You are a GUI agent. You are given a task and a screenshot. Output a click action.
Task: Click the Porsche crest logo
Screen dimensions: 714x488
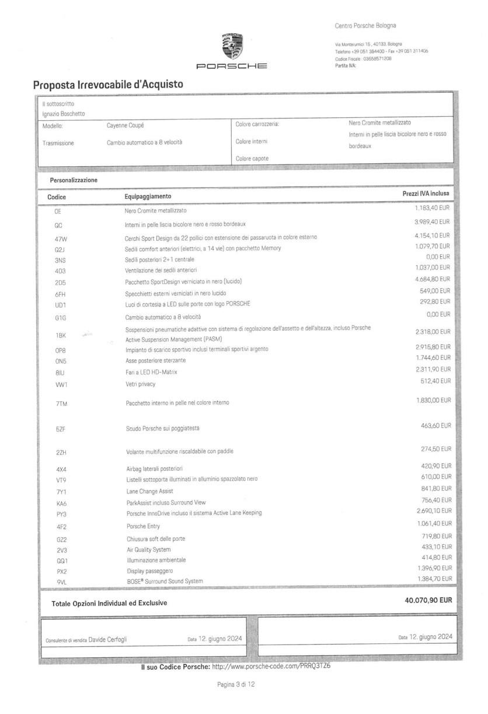click(x=231, y=45)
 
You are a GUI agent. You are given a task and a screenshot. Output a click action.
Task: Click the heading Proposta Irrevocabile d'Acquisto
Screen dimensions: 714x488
click(x=108, y=85)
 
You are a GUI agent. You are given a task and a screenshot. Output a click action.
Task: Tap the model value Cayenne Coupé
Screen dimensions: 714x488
click(x=125, y=125)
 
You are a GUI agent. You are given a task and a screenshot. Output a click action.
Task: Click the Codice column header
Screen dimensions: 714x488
click(x=57, y=197)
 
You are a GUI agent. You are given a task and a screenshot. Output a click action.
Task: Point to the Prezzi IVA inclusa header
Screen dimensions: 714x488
click(x=426, y=193)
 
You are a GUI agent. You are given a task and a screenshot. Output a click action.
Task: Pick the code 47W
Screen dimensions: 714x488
click(x=61, y=239)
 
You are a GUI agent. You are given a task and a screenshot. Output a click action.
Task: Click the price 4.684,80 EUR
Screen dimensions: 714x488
click(x=433, y=279)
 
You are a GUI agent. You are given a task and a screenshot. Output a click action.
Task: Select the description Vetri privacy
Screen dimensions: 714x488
click(x=141, y=384)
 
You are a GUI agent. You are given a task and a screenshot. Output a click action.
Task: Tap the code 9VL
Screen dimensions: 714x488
click(x=61, y=582)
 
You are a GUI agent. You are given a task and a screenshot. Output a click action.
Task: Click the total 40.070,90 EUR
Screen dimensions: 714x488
click(x=428, y=600)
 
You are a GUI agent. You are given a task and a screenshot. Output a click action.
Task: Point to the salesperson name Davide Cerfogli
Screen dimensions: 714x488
click(x=107, y=639)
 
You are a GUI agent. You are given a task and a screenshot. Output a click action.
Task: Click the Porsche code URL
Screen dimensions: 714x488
click(x=271, y=667)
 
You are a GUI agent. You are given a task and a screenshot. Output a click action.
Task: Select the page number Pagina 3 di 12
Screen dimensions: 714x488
click(x=236, y=684)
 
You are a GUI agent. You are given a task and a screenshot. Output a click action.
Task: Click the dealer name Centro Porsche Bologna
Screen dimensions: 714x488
click(x=365, y=26)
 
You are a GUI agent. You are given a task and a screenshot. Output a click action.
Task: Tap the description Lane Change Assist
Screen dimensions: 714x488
click(x=149, y=491)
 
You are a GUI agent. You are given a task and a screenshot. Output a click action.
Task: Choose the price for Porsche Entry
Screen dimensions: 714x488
click(x=434, y=524)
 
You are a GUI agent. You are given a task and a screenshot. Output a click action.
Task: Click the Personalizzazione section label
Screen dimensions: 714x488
click(x=74, y=180)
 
